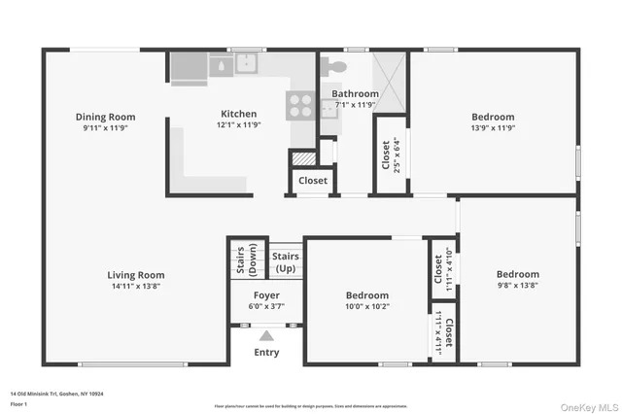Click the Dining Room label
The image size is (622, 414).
coord(105,117)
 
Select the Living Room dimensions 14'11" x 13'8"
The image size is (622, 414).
coord(135,288)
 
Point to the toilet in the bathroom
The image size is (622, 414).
coord(334,66)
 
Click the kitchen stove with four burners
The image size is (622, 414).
coord(299,104)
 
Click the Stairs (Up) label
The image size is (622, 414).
coord(286,261)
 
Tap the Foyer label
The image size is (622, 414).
coord(266,294)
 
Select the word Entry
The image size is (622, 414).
coord(265,352)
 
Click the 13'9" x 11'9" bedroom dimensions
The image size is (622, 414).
coord(493,127)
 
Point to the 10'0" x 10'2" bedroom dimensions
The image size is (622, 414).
coord(366,307)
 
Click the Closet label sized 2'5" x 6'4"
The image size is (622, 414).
coord(386,155)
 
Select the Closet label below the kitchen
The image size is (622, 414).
coord(312,181)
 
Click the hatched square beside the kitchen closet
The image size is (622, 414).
coord(304,158)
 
